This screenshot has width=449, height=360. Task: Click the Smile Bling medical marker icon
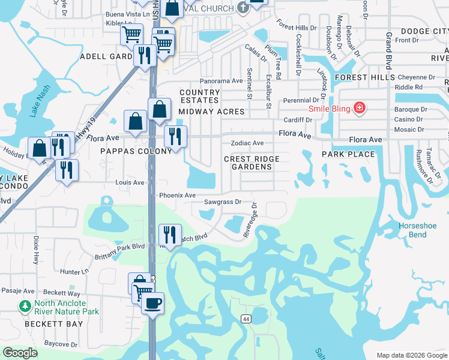point(360,109)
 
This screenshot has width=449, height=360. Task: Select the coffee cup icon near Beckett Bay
point(152,303)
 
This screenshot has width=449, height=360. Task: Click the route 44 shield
point(246,317)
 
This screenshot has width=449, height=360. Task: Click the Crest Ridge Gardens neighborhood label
point(252,163)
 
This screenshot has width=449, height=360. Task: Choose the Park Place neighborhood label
point(348,154)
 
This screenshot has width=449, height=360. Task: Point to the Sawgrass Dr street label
point(222,203)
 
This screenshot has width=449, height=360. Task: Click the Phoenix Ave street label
point(177,196)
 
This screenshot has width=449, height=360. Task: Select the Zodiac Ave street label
point(247,143)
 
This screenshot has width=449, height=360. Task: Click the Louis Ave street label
point(130,182)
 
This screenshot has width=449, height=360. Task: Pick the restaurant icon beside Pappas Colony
point(175,136)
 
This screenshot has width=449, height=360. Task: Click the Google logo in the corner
point(20,353)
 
